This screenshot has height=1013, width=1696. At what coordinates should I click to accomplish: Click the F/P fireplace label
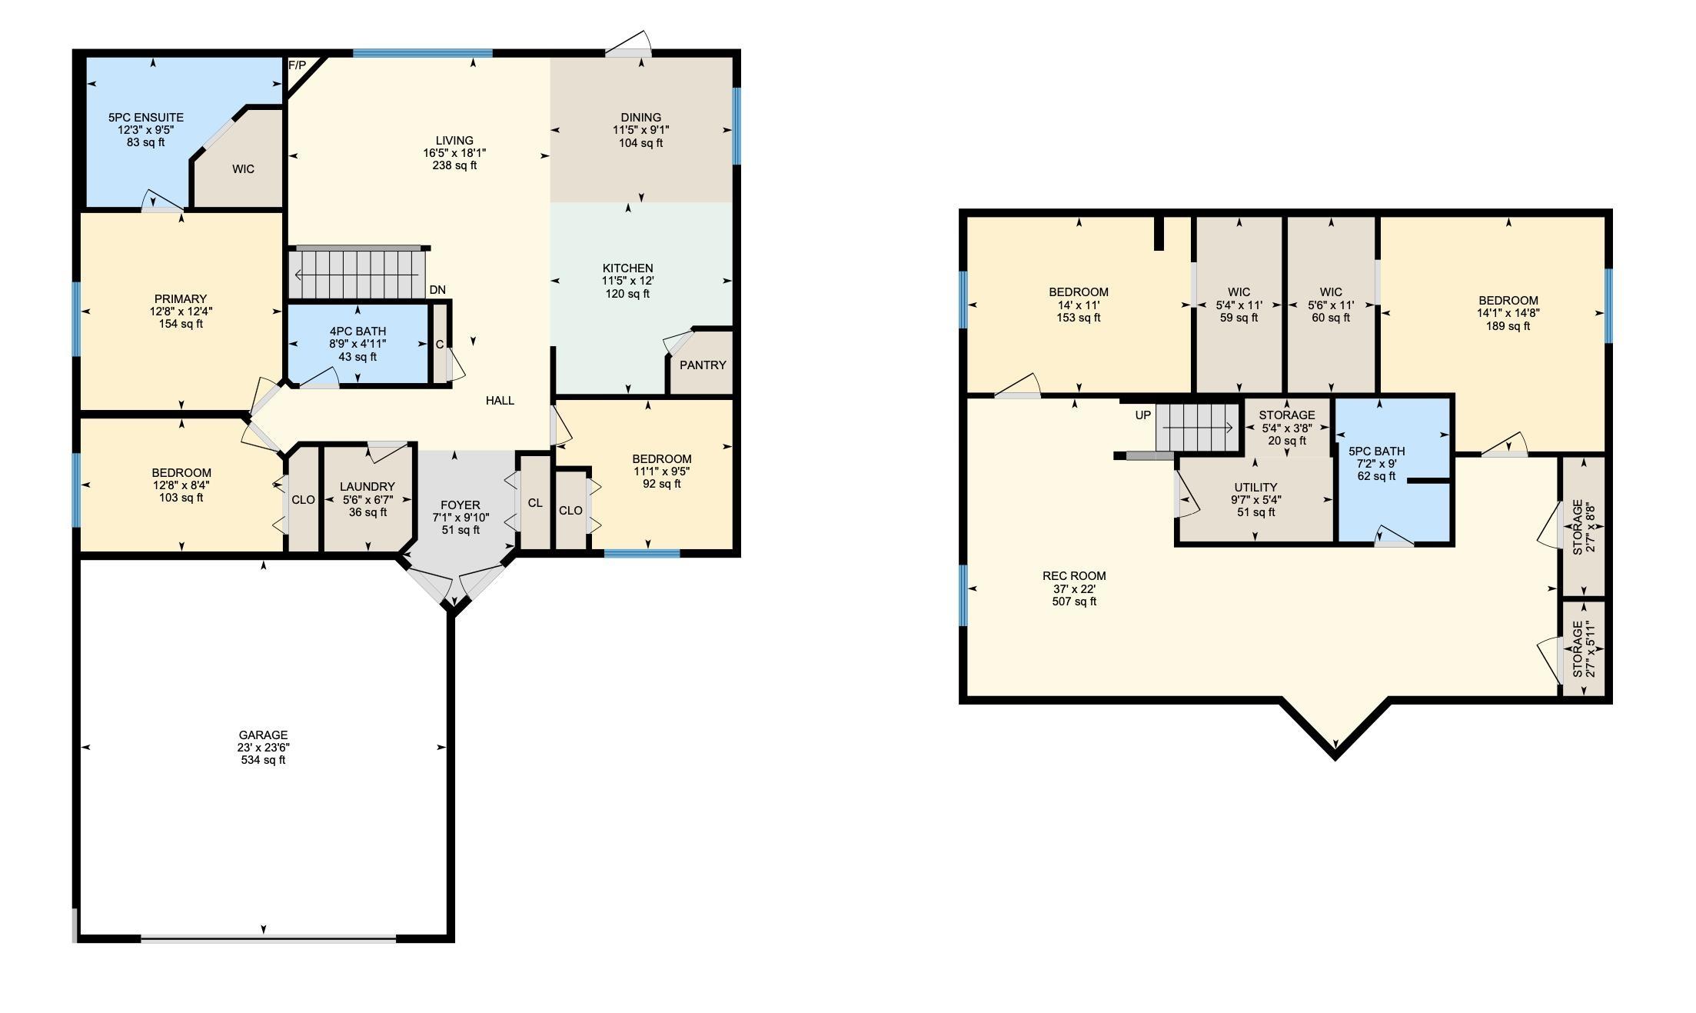(x=297, y=65)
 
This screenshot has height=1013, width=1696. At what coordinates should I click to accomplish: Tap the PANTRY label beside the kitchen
(x=703, y=365)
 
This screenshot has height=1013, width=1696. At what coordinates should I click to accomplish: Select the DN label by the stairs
(x=437, y=290)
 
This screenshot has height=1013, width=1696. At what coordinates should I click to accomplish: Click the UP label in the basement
(x=1143, y=415)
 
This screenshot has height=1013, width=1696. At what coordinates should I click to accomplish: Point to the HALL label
(x=500, y=401)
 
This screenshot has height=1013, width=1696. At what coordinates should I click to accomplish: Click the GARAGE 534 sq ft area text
(x=263, y=760)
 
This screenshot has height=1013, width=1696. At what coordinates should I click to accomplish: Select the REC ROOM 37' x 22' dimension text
(x=1074, y=589)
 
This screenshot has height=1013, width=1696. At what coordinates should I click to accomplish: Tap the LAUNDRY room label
(x=367, y=487)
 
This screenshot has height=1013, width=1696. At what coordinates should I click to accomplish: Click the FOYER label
(x=461, y=505)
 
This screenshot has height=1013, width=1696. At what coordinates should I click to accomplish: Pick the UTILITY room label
(x=1255, y=488)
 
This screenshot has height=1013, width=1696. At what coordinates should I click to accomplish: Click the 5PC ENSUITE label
(x=146, y=118)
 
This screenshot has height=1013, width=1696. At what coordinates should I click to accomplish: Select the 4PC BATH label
(x=357, y=332)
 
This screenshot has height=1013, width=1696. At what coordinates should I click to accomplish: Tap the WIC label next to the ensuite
(x=243, y=169)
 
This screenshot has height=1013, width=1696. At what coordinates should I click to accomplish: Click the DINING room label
(x=640, y=118)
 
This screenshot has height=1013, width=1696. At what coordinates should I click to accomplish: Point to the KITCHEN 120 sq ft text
(x=627, y=294)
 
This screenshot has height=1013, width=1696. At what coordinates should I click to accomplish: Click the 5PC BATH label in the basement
(x=1376, y=452)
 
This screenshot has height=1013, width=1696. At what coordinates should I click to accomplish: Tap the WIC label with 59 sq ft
(x=1239, y=292)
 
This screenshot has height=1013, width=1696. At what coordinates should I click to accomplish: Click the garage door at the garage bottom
(x=268, y=938)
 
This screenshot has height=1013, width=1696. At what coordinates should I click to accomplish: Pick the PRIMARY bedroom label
(x=181, y=299)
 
